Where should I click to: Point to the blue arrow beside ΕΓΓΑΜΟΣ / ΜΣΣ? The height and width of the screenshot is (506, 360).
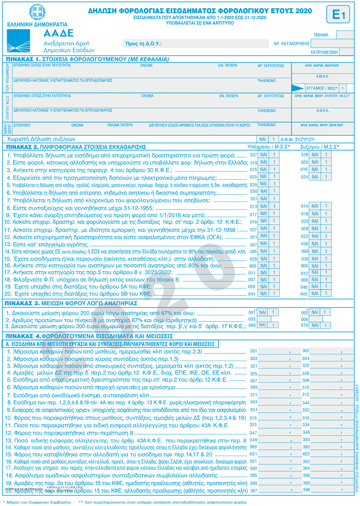point(298,88)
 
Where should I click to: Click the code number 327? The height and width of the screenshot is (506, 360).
point(253,155)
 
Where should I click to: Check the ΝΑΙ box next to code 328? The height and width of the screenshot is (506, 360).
point(315,155)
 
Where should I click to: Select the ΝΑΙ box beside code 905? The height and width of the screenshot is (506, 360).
point(263,266)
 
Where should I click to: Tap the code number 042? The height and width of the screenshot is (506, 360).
point(304,294)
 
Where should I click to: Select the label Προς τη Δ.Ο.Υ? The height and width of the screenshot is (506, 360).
point(143,43)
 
